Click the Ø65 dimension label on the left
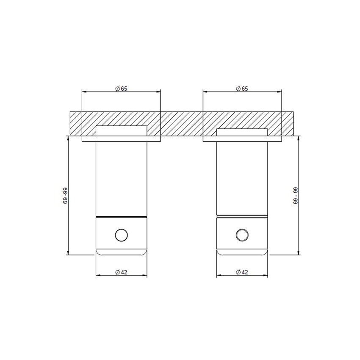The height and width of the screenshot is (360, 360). tap(121, 89)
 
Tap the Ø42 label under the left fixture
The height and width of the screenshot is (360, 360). tap(121, 272)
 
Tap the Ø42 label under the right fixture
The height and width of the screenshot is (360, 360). tap(242, 272)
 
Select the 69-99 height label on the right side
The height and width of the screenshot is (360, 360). tap(295, 196)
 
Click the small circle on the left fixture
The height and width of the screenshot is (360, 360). tap(121, 235)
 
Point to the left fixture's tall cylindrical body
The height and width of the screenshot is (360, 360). tap(121, 178)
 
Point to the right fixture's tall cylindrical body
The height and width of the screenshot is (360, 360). tap(242, 178)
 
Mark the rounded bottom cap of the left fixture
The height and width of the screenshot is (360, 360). tap(121, 252)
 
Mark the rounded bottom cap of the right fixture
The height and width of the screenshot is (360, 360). tap(242, 252)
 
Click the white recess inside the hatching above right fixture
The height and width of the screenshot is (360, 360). tap(242, 132)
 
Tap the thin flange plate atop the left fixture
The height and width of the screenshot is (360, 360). tap(121, 138)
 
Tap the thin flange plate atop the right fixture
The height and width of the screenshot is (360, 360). tap(242, 138)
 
